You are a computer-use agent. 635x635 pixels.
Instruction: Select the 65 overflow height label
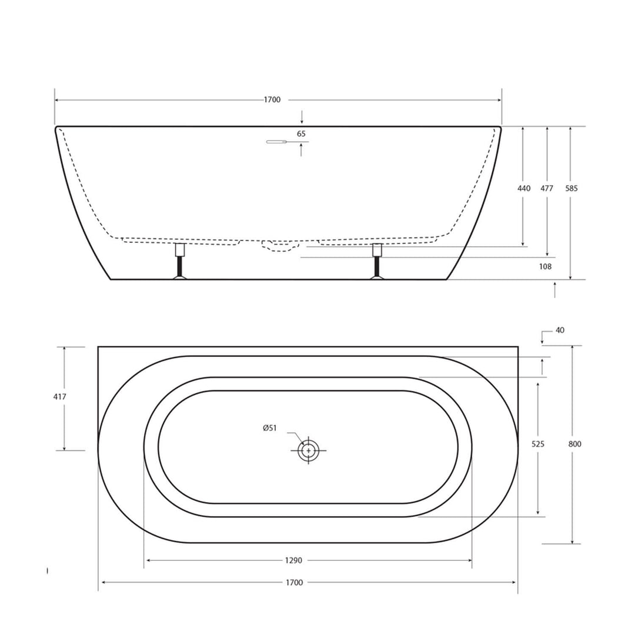click(301, 133)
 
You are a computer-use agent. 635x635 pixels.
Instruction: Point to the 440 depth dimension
click(523, 189)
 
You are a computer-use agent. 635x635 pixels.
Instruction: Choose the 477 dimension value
click(547, 189)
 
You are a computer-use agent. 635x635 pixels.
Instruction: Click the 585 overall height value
click(571, 189)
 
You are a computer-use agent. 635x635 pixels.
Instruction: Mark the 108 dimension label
click(545, 266)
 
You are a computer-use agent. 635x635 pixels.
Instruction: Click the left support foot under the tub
click(181, 262)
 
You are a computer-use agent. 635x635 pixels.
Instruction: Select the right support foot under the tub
click(377, 262)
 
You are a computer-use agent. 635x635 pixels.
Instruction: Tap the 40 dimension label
click(559, 330)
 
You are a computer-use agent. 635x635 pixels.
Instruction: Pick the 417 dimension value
click(59, 397)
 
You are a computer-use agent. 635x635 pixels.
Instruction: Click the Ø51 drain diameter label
click(270, 428)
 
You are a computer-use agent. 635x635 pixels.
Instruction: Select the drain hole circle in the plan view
click(308, 451)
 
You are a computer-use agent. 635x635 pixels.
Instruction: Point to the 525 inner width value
click(537, 444)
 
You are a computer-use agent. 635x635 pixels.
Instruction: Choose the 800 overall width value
click(574, 444)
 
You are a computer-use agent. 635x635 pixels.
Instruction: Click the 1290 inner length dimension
click(294, 560)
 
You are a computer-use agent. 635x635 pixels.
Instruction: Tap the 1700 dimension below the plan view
click(294, 583)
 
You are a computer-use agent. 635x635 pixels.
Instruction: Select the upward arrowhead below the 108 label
click(554, 285)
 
